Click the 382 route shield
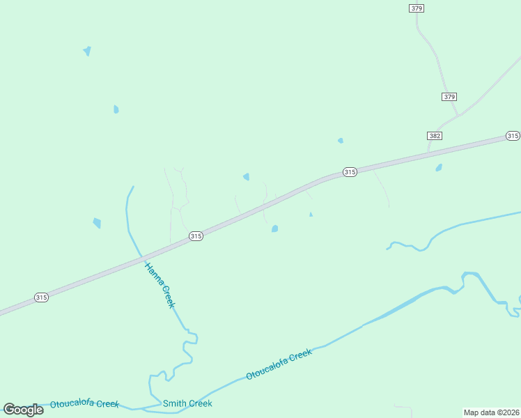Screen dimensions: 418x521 (x=435, y=135)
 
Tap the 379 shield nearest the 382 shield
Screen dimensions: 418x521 (x=449, y=97)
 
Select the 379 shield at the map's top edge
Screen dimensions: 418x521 (x=417, y=8)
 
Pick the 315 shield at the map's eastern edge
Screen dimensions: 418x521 (x=513, y=136)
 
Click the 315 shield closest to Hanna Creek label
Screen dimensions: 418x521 (x=196, y=237)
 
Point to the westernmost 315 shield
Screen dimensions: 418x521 (x=41, y=297)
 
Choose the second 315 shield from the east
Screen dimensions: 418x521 (x=350, y=172)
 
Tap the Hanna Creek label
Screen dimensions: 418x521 (x=160, y=286)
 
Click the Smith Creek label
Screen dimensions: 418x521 (x=187, y=403)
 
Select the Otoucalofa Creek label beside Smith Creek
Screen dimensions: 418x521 (x=84, y=404)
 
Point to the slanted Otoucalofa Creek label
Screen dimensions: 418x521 (x=279, y=364)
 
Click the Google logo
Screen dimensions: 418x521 (x=23, y=410)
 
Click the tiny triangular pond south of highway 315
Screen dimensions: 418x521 (x=311, y=215)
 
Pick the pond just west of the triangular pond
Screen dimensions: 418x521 (x=275, y=229)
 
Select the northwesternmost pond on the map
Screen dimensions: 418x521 (x=87, y=51)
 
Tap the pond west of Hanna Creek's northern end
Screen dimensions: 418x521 (x=97, y=223)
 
